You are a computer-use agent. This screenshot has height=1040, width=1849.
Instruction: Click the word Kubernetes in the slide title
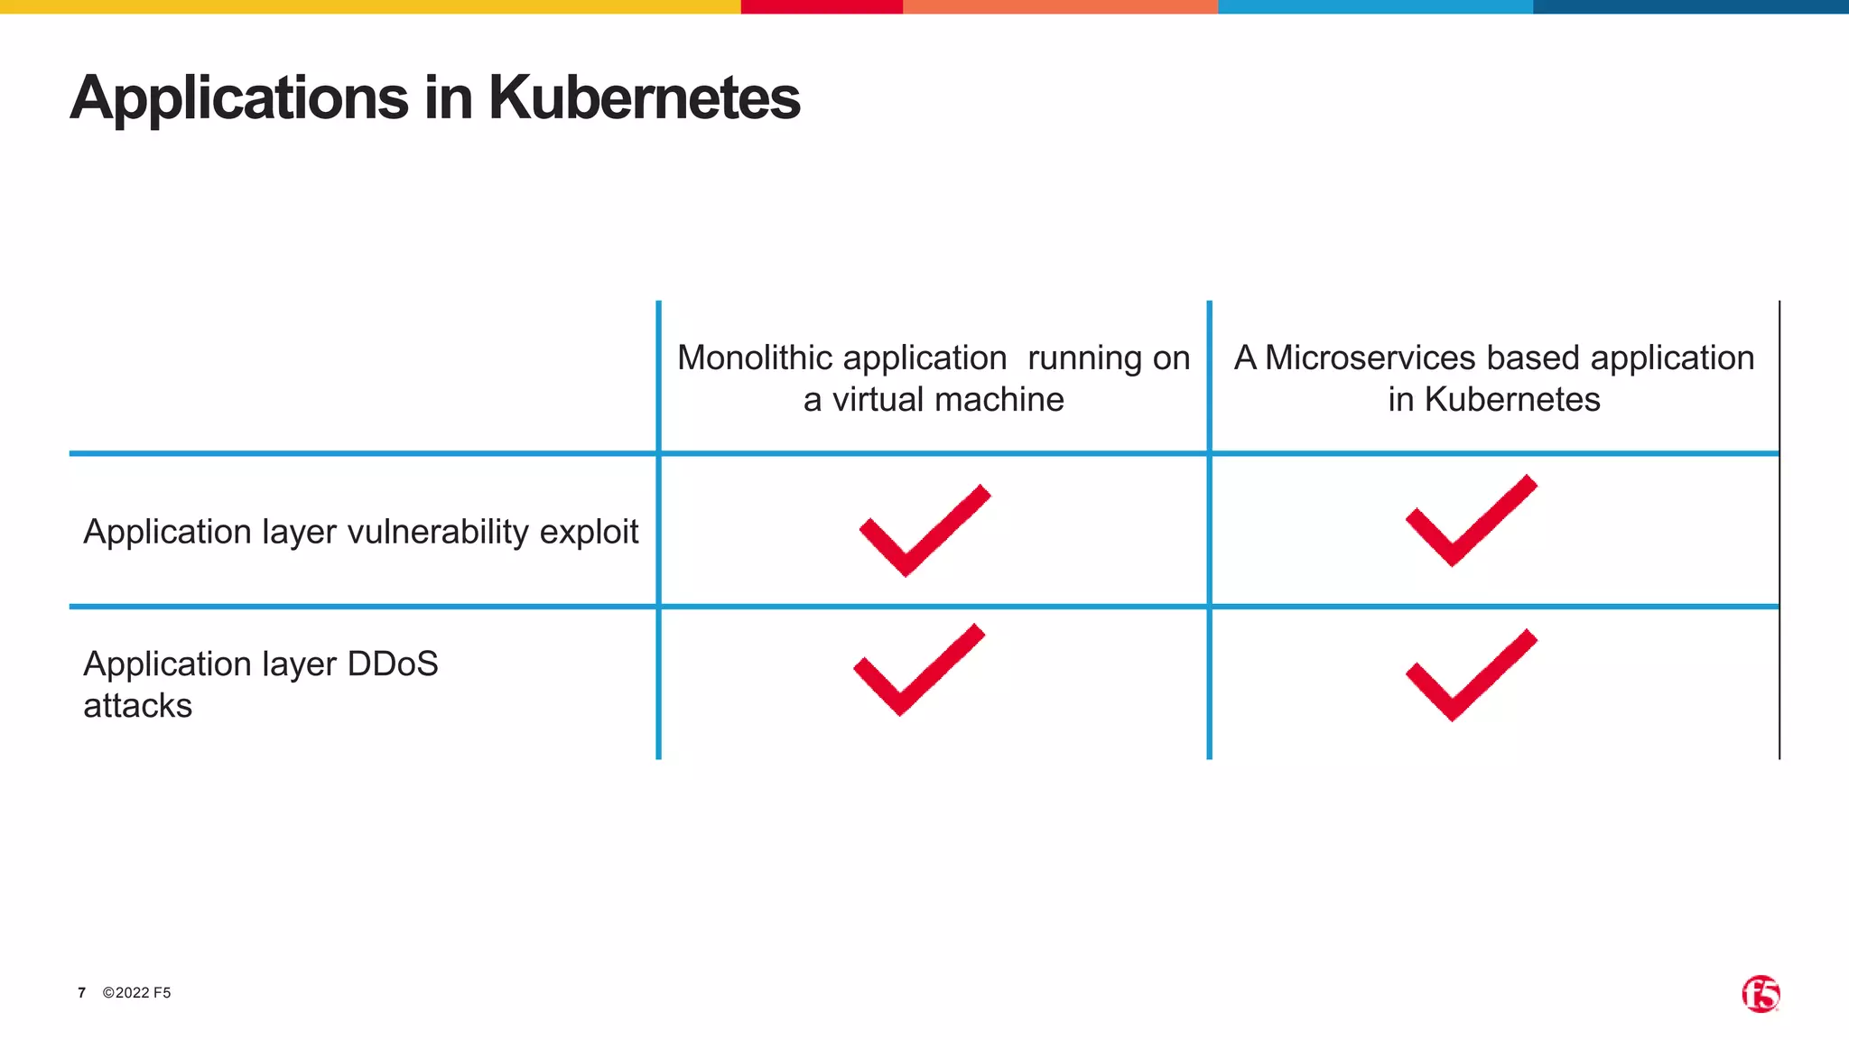[x=644, y=97]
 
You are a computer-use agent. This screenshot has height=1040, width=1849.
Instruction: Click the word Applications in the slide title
[x=239, y=97]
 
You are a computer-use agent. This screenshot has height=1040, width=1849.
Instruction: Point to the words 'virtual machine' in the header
[x=947, y=399]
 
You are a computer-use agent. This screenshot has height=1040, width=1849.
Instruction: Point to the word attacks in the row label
[x=137, y=706]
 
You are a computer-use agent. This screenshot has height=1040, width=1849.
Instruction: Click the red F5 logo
[x=1760, y=994]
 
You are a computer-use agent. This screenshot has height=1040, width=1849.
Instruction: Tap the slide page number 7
[x=81, y=993]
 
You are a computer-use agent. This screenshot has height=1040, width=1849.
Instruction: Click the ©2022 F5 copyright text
[x=136, y=993]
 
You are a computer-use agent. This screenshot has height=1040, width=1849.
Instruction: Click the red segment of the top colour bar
[x=821, y=6]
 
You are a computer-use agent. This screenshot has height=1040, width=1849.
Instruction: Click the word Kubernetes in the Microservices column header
[x=1511, y=399]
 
